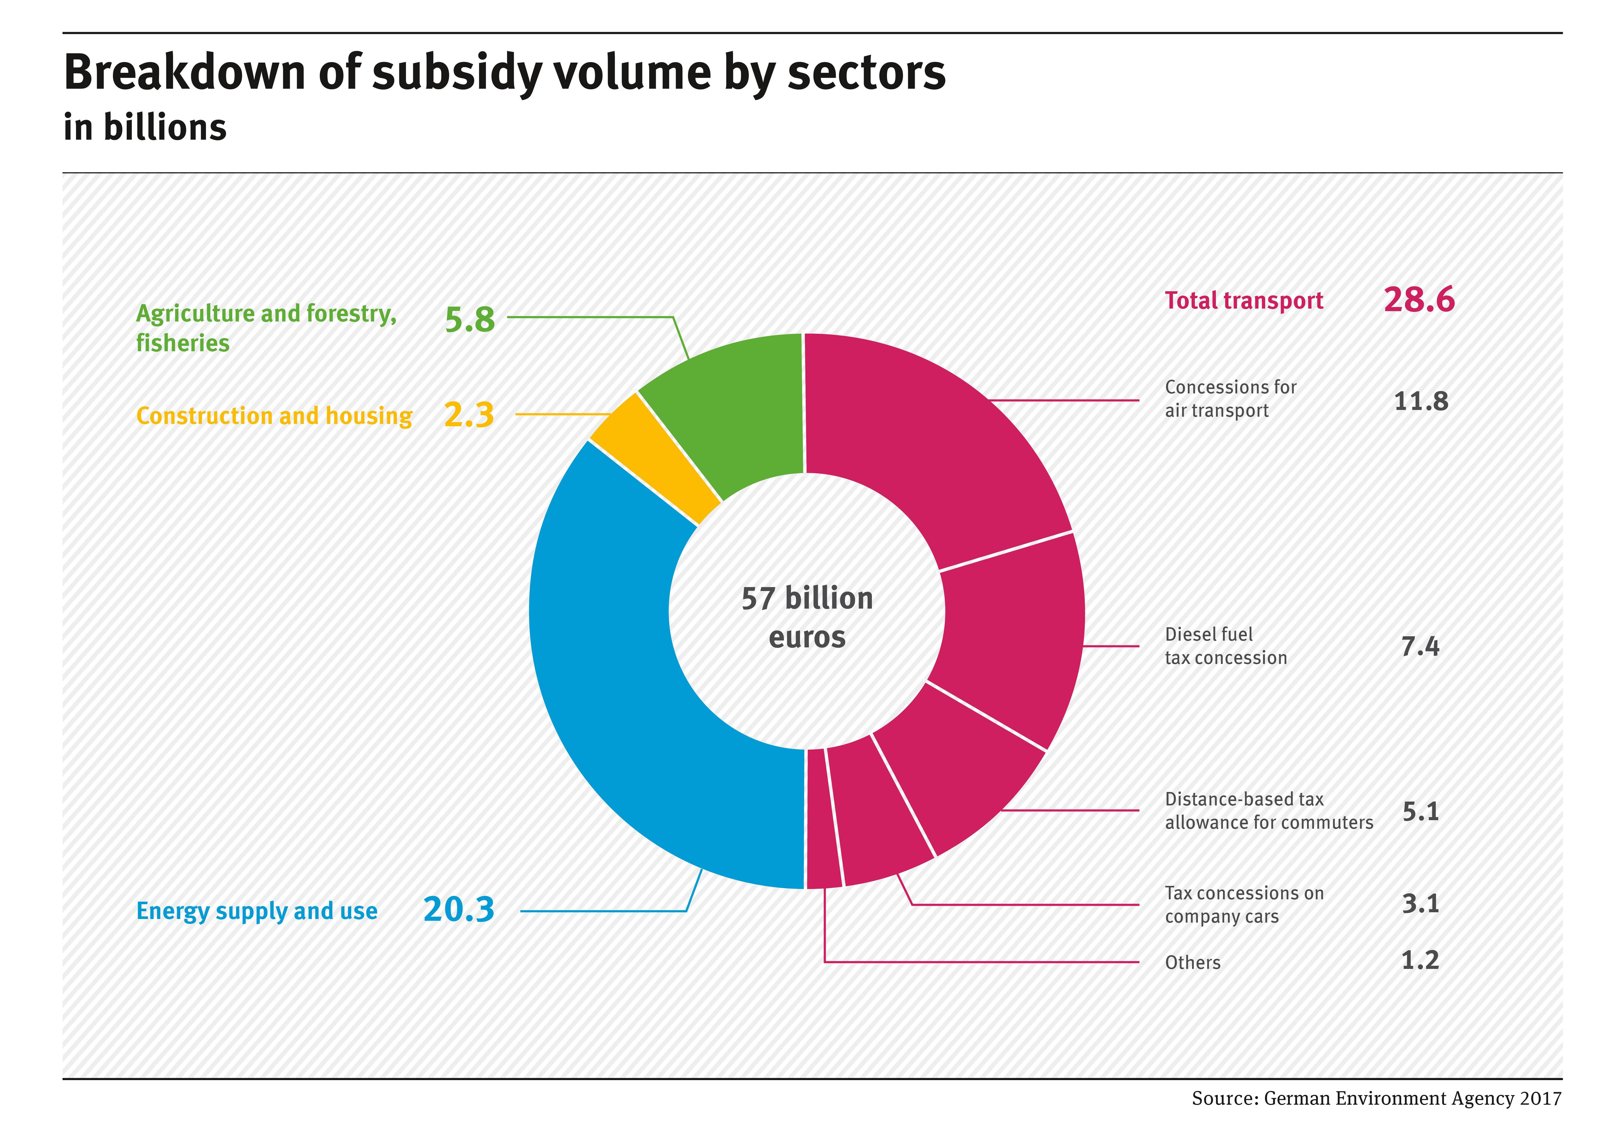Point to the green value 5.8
[x=470, y=319]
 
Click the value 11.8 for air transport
[x=1421, y=401]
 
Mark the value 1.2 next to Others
[x=1420, y=960]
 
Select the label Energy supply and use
[x=256, y=911]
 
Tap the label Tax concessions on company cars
[x=1243, y=904]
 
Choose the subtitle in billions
[x=145, y=128]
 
